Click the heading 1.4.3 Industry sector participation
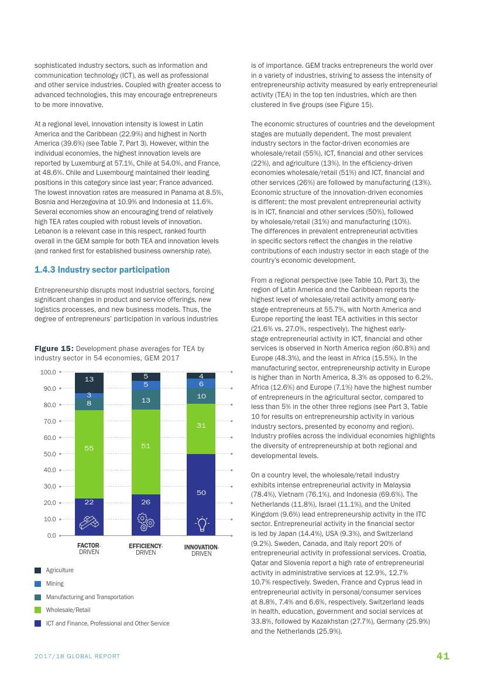point(102,270)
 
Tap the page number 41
point(443,656)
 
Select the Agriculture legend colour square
point(38,570)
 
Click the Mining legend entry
point(55,583)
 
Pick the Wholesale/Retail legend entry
point(68,610)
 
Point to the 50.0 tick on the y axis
point(48,453)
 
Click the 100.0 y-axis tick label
point(47,372)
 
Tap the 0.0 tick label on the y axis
point(51,535)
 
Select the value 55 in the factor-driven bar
point(89,448)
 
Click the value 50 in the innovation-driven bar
point(201,493)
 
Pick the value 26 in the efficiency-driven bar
point(146,502)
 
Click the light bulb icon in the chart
point(201,523)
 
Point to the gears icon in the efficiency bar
point(145,521)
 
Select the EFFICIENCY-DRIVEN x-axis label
point(146,549)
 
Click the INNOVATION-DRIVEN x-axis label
point(201,550)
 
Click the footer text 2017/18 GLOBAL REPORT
point(77,656)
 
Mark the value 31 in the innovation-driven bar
point(201,425)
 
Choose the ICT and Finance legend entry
point(108,623)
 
